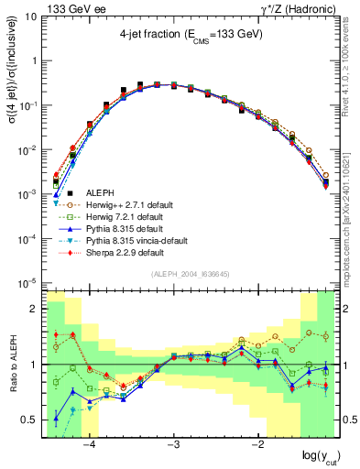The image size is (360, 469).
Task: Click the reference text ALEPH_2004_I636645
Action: tap(191, 275)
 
